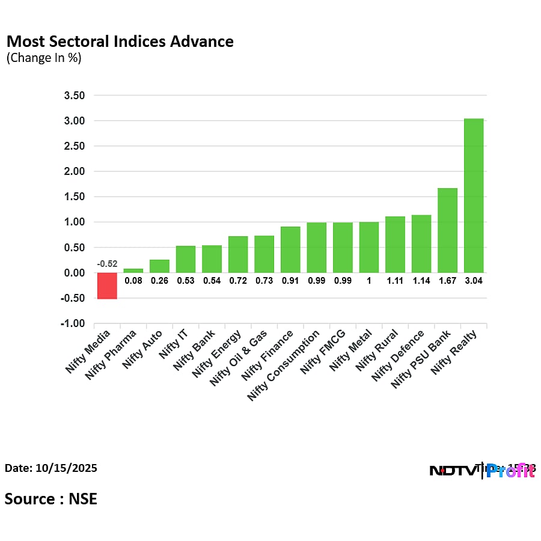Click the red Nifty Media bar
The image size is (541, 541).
[x=107, y=286]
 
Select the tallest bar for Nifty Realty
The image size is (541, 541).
[x=474, y=195]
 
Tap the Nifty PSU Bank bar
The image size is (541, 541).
[x=447, y=230]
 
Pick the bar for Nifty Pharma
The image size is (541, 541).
[x=133, y=270]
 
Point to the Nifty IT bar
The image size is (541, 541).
[x=186, y=259]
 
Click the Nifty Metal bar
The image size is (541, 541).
[x=369, y=247]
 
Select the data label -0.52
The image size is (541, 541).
[x=107, y=264]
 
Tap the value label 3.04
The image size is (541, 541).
[x=474, y=280]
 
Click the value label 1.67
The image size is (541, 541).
[x=447, y=280]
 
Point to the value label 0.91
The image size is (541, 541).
[x=290, y=280]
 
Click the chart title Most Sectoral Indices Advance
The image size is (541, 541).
[x=120, y=41]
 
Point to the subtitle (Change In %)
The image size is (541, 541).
[x=44, y=58]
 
